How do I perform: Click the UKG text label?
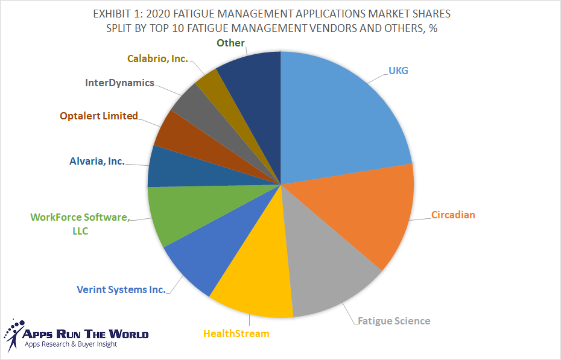click(x=398, y=71)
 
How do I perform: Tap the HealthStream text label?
click(x=236, y=333)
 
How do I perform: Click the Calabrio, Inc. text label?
click(x=157, y=58)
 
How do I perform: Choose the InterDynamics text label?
click(x=119, y=83)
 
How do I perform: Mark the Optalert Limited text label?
click(x=99, y=116)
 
